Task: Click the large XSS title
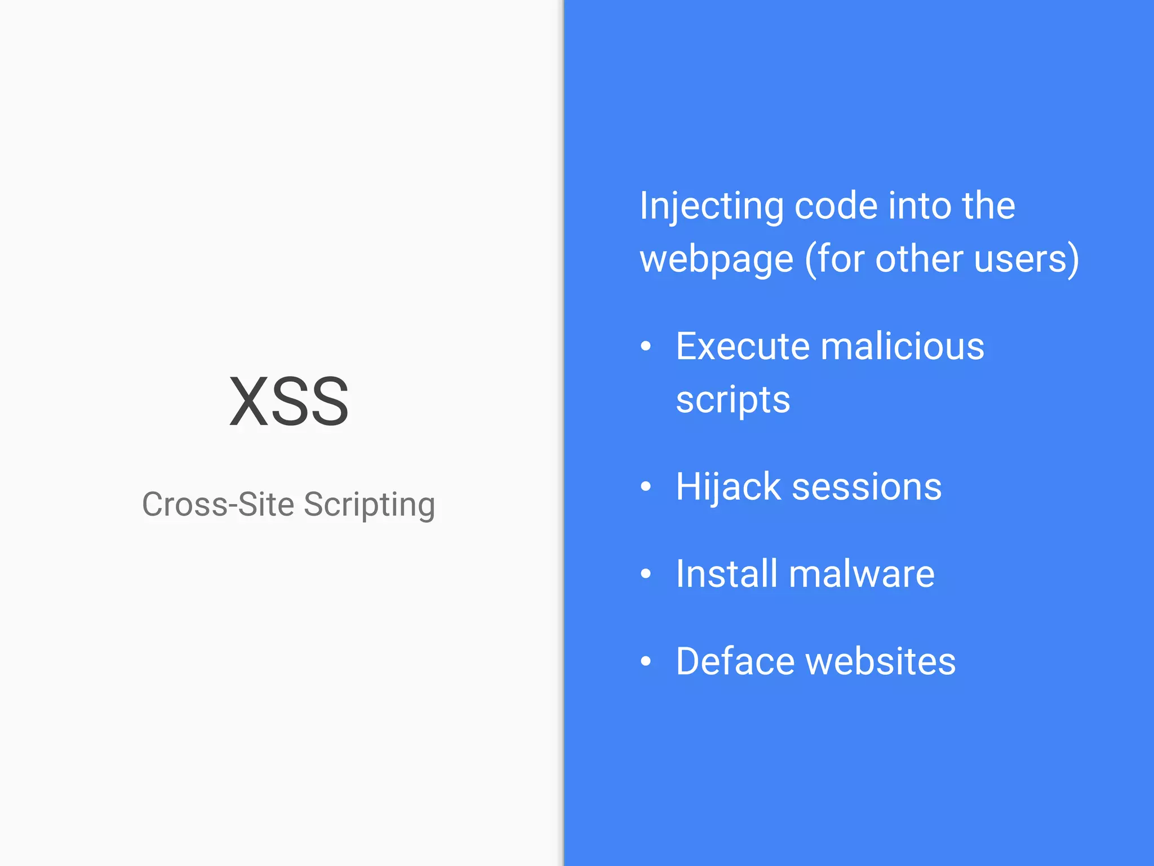tap(289, 401)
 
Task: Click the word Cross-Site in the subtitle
tap(218, 504)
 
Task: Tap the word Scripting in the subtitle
tap(370, 505)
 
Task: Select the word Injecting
tap(711, 206)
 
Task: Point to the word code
tap(836, 206)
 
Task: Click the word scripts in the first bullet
tap(733, 400)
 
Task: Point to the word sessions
tap(867, 487)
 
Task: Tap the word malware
tap(862, 574)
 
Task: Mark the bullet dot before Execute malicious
tap(646, 346)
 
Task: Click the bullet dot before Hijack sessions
tap(646, 487)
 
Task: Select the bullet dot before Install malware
tap(646, 574)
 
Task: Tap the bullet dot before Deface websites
tap(646, 661)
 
